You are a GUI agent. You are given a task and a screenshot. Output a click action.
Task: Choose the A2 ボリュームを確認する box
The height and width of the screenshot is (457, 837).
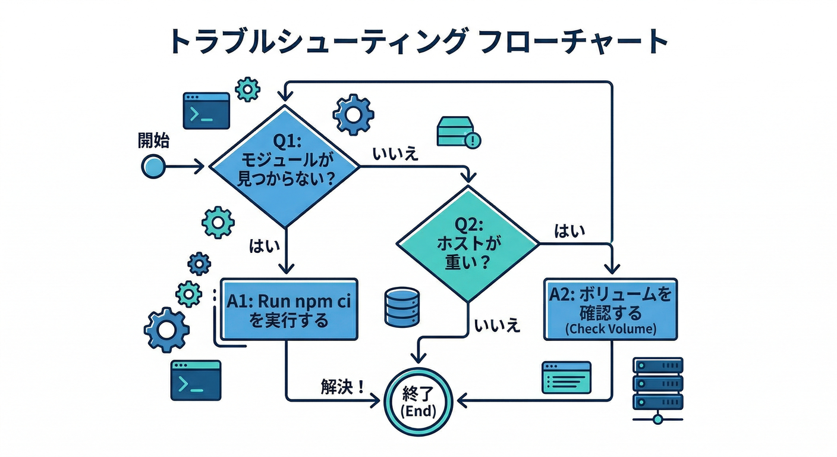(x=611, y=308)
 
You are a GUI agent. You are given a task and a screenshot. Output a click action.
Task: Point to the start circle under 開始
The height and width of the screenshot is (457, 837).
(x=153, y=167)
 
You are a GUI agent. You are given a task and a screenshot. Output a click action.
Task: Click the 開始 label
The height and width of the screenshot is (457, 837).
(x=153, y=140)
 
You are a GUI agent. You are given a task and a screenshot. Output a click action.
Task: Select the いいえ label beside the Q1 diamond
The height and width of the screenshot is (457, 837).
(x=396, y=154)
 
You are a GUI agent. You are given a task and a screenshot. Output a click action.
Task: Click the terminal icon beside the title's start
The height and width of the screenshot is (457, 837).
(x=206, y=111)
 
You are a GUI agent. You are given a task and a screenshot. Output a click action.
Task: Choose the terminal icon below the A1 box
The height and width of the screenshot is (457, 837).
(x=195, y=380)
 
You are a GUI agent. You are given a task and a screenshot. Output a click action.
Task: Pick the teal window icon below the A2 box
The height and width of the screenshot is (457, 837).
(x=566, y=377)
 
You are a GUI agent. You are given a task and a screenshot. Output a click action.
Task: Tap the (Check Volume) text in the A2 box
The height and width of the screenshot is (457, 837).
(x=611, y=329)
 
